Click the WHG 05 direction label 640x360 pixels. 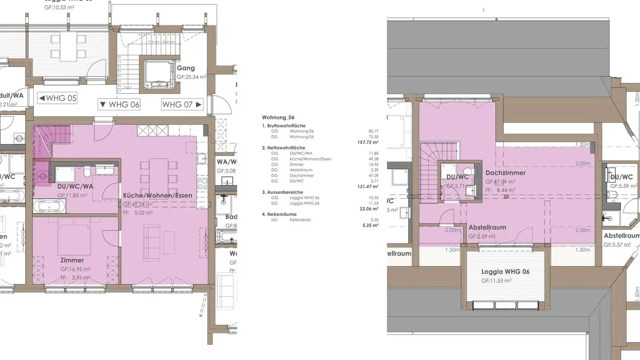coord(57,98)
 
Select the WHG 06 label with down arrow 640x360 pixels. coord(120,104)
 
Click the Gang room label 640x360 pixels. coord(185,68)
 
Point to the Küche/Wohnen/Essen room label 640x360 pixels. coord(157,195)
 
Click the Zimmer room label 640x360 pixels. coord(72,260)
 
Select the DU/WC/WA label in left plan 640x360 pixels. coord(75,186)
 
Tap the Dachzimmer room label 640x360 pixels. coord(505,172)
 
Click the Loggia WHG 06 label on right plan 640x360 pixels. coord(505,272)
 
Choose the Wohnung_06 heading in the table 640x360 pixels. coord(278,117)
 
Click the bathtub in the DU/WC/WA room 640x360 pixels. coord(49,206)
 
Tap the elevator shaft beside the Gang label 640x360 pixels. coord(159,74)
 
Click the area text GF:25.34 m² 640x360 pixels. coord(192,77)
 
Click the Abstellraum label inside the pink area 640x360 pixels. coord(487,227)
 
